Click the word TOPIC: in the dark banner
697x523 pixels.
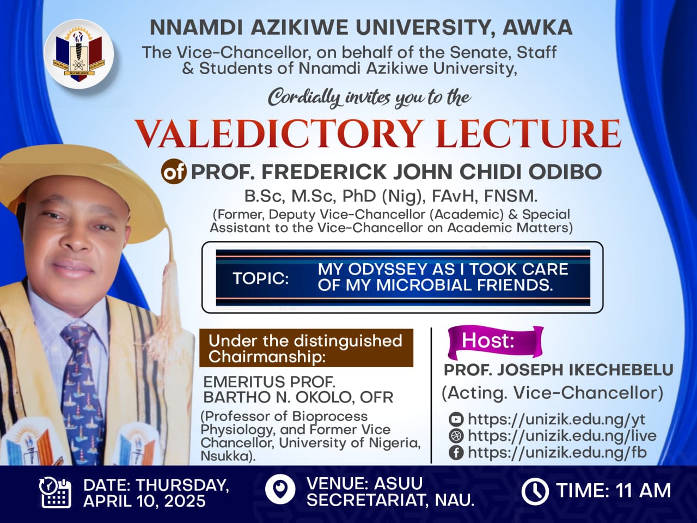(261, 278)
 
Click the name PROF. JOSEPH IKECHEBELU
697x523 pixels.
(559, 370)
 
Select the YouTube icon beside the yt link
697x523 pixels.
(456, 419)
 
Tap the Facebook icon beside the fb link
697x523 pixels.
(456, 452)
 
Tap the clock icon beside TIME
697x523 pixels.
(535, 491)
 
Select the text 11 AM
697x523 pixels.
(640, 490)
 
